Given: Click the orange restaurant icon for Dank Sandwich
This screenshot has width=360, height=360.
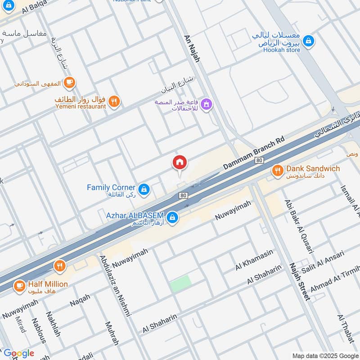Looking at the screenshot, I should (277, 170).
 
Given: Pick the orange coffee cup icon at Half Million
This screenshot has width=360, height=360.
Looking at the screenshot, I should (19, 285).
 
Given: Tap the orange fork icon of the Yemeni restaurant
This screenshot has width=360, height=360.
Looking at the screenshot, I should (114, 101).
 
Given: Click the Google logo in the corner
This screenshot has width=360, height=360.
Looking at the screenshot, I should (19, 353).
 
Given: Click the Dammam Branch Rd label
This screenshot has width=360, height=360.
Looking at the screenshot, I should (254, 153).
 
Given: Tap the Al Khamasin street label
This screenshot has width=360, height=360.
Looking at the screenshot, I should (254, 260).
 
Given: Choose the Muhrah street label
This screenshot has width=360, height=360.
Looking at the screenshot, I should (111, 333).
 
